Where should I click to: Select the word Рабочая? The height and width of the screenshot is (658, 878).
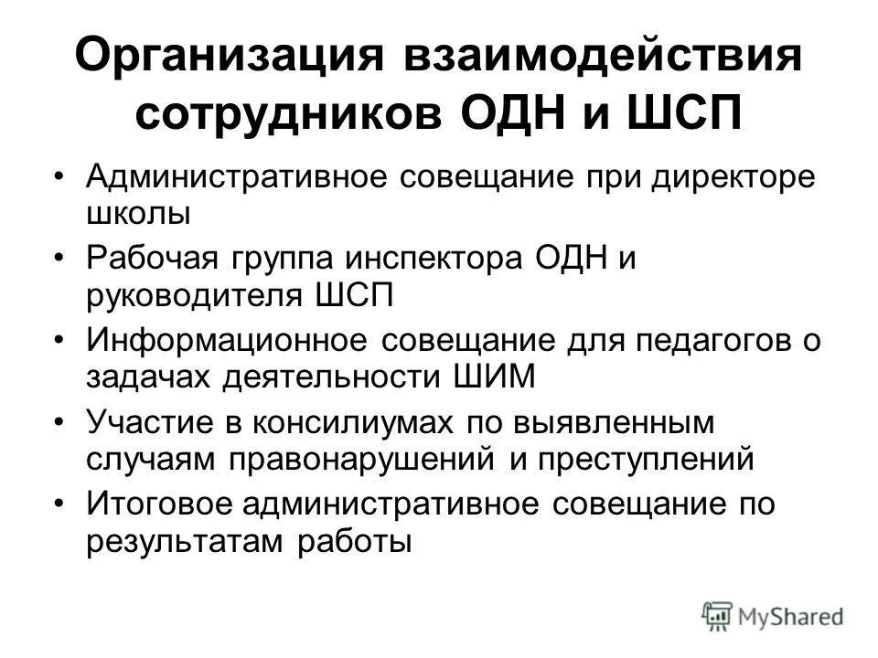[151, 260]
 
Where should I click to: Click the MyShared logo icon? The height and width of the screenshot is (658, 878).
[719, 615]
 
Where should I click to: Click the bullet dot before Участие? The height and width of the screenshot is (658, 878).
[61, 423]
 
